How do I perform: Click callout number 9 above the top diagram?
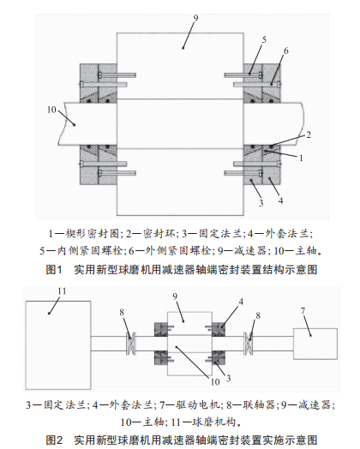click(x=195, y=18)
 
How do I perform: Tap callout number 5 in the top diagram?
click(x=264, y=39)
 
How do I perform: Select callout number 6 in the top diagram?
click(x=285, y=51)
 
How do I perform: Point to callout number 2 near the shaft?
click(x=309, y=135)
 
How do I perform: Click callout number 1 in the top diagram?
click(x=301, y=158)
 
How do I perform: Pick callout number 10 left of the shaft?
click(x=51, y=110)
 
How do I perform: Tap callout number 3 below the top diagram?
click(x=261, y=203)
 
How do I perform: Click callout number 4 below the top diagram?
click(x=280, y=201)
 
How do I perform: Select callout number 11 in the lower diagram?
click(x=62, y=291)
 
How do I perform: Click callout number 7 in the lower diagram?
click(x=303, y=311)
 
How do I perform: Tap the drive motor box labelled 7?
click(x=315, y=344)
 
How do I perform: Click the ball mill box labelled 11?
click(x=58, y=345)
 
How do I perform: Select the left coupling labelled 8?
click(x=131, y=344)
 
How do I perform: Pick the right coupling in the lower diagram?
click(x=248, y=344)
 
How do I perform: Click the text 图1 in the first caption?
click(x=54, y=270)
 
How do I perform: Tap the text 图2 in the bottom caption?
click(x=54, y=440)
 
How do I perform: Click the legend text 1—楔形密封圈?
click(x=84, y=234)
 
